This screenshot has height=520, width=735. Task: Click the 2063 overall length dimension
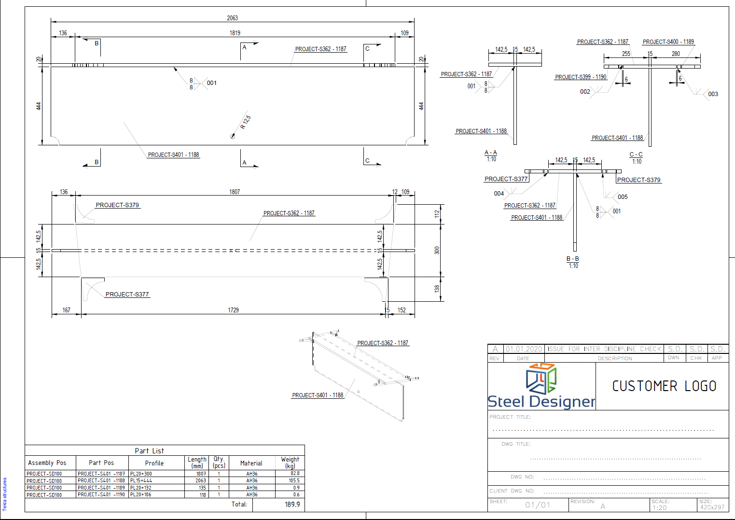click(x=232, y=18)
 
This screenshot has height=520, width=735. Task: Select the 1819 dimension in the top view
click(x=235, y=33)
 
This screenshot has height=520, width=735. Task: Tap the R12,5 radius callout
click(x=245, y=122)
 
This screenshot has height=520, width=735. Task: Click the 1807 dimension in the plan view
click(x=235, y=192)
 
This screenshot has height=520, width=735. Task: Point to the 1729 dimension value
click(x=233, y=310)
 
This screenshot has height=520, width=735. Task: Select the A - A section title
click(x=490, y=153)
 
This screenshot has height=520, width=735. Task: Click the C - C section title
click(x=636, y=155)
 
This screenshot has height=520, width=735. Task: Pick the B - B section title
click(x=572, y=259)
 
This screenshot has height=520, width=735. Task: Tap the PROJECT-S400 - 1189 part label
click(x=668, y=42)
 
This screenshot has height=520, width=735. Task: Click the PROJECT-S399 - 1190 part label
click(x=581, y=77)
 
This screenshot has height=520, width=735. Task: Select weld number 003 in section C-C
click(x=713, y=94)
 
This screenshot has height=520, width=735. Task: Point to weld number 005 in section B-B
click(x=623, y=197)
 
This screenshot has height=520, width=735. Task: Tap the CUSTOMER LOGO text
click(x=664, y=386)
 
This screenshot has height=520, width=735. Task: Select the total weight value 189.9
click(x=292, y=505)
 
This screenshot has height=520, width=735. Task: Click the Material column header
click(x=251, y=463)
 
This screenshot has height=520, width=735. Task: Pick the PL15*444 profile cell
click(x=141, y=481)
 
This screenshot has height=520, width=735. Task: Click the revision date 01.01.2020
click(x=524, y=349)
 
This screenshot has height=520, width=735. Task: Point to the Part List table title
click(x=149, y=451)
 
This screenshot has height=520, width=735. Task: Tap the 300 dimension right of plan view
click(x=437, y=251)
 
